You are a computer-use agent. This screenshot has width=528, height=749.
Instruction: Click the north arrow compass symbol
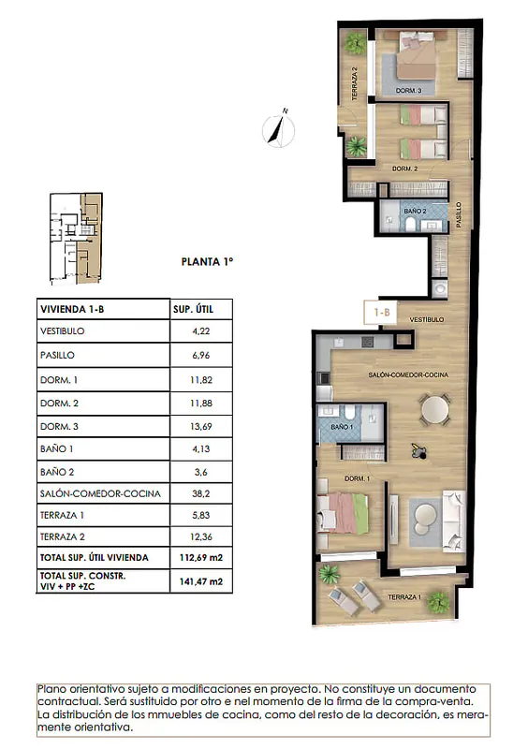pos(278,129)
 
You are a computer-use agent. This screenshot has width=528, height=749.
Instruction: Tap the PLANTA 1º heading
pos(208,262)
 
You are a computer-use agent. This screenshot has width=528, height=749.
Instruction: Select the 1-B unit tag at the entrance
pos(381,313)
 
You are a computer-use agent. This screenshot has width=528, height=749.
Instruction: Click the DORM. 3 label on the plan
pos(408,90)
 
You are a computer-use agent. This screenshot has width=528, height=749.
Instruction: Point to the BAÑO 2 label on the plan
pos(415,211)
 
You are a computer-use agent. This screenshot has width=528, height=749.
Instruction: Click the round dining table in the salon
pos(434,409)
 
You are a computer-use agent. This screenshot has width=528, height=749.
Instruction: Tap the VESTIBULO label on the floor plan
pos(427,319)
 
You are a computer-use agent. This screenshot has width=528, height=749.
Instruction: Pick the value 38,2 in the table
pos(200,493)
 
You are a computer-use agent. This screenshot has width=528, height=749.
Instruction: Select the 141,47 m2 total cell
pos(200,581)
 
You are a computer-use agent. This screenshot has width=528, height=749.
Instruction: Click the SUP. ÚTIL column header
pos(193,309)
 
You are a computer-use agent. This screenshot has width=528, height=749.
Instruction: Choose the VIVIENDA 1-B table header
pos(72,309)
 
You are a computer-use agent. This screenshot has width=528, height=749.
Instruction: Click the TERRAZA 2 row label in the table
pos(63,536)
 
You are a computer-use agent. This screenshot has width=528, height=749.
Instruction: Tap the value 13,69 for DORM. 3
pos(200,426)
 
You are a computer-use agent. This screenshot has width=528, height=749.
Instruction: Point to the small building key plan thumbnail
pos(76,239)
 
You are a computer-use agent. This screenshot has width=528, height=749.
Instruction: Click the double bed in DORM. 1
pos(343,513)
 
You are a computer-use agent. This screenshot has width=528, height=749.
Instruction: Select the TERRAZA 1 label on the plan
pos(404,597)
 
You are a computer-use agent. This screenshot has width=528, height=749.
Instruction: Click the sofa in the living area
pos(453,521)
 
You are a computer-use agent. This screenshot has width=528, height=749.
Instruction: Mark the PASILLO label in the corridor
pos(459,214)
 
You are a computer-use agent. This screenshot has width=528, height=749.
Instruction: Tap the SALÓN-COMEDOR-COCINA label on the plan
pos(408,375)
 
